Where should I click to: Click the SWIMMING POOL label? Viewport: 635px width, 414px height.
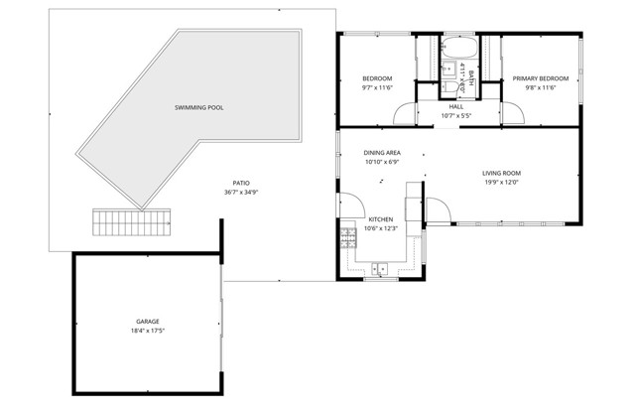(198, 106)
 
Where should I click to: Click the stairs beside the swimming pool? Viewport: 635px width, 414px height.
(132, 223)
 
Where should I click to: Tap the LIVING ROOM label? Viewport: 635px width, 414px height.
(502, 173)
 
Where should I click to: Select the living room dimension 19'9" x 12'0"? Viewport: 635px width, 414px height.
(502, 182)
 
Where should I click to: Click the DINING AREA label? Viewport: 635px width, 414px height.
(381, 152)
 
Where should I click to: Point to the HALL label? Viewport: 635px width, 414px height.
(456, 106)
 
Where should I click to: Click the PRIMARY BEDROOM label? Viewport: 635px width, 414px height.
(541, 78)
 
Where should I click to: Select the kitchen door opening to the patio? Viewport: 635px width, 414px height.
(349, 205)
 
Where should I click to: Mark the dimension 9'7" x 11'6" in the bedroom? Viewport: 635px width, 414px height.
(377, 87)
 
